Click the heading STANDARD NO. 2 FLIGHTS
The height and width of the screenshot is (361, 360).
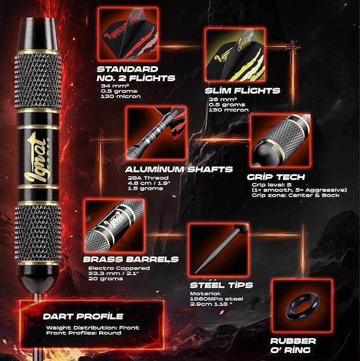136,74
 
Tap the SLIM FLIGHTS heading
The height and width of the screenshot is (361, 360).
242,91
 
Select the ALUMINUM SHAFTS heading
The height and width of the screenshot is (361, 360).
179,170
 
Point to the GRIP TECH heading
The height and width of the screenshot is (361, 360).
276,177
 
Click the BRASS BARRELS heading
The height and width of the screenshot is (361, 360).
131,259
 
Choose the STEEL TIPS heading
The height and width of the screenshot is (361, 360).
221,285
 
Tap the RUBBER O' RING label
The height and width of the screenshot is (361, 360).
293,345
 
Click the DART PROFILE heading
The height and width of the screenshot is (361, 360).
83,316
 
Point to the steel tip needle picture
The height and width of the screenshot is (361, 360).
219,250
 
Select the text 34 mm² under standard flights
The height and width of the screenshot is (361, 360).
112,86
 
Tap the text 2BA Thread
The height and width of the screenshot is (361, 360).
148,178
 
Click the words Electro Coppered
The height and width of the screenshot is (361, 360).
119,268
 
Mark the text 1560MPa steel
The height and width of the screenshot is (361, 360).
216,299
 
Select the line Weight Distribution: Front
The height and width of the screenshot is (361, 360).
93,328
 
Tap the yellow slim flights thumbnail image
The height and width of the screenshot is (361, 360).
235,55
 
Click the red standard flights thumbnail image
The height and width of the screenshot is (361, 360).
128,34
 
